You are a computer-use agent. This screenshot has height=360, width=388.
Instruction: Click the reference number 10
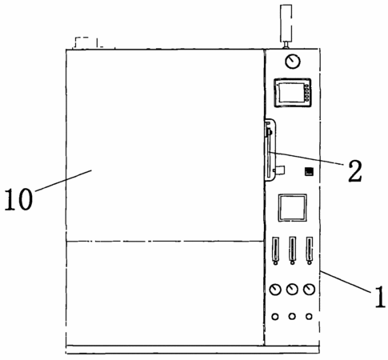click(18, 198)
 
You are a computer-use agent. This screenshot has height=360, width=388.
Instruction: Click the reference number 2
click(355, 171)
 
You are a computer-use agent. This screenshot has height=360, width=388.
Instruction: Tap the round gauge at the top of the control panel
click(293, 62)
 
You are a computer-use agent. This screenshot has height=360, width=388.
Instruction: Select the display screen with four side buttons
click(293, 93)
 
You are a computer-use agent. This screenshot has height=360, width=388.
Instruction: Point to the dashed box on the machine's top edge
click(86, 42)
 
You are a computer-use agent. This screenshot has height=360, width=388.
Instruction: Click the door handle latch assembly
click(270, 150)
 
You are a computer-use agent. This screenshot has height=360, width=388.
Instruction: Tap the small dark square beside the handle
click(309, 171)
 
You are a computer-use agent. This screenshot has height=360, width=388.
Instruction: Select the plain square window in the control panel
click(292, 208)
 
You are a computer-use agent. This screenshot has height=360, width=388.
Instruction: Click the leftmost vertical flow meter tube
click(275, 250)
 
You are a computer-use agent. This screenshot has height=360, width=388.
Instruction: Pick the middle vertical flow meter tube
click(293, 250)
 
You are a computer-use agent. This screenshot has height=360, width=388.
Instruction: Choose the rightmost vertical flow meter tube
click(310, 250)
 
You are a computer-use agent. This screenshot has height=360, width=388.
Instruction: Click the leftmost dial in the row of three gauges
click(275, 290)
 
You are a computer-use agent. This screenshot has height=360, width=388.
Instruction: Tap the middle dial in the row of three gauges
click(292, 290)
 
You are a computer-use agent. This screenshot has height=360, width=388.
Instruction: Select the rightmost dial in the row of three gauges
click(309, 290)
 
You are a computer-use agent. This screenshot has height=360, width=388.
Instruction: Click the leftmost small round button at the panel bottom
click(275, 317)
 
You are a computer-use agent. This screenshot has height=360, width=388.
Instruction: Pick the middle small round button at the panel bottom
click(292, 317)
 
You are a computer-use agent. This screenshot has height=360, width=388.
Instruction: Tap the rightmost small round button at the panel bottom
click(309, 317)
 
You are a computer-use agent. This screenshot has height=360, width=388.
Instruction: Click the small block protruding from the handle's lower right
click(280, 170)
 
